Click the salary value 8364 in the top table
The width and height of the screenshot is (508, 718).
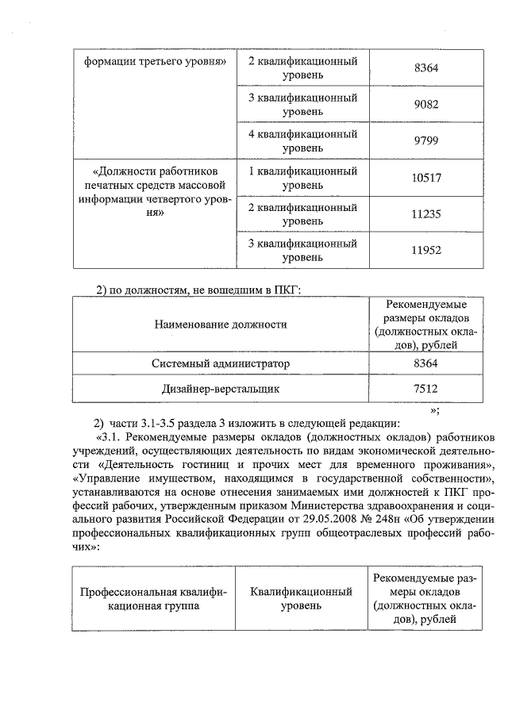[x=426, y=69]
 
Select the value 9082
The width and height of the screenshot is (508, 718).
[x=426, y=105]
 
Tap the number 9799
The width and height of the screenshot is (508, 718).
[x=426, y=141]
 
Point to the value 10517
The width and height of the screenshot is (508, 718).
[x=426, y=178]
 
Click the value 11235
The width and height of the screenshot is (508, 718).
[x=426, y=214]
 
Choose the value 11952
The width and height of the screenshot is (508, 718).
[x=426, y=251]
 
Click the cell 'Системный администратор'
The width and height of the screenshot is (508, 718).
[x=221, y=363]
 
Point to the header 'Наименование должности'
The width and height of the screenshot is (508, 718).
[x=221, y=324]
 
